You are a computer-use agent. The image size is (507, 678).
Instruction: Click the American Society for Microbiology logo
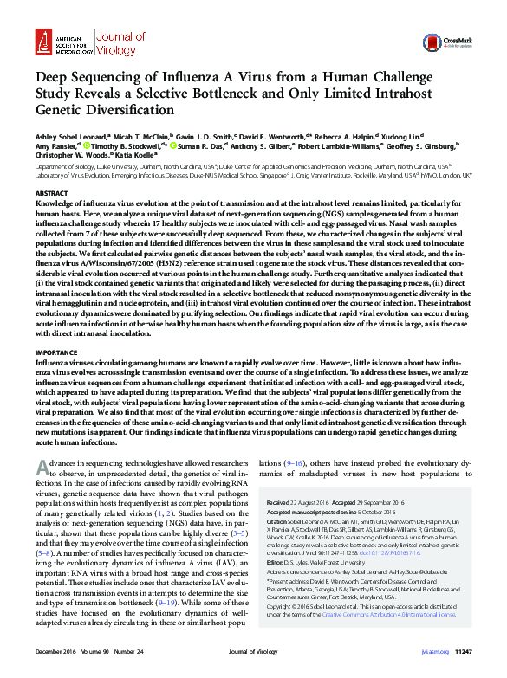60,42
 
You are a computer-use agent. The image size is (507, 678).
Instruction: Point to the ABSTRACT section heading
51,194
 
